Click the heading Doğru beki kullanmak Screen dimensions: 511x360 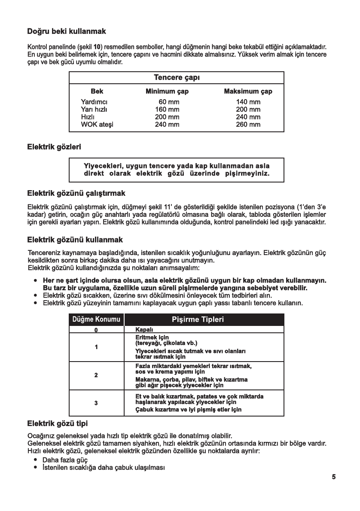67,31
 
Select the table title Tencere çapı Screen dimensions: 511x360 177,78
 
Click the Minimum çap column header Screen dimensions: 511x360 167,91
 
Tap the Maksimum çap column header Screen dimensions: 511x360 248,91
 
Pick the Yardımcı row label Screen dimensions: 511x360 94,102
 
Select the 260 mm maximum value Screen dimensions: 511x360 248,125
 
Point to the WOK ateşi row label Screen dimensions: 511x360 97,125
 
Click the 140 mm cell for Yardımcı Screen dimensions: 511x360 248,102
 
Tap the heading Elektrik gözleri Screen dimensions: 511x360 54,146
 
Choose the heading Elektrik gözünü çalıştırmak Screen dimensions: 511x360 76,193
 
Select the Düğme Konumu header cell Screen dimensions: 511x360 96,319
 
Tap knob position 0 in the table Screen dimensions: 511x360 96,329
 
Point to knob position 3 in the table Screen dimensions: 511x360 96,403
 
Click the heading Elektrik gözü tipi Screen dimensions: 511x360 58,425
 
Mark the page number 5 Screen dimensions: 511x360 333,477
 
